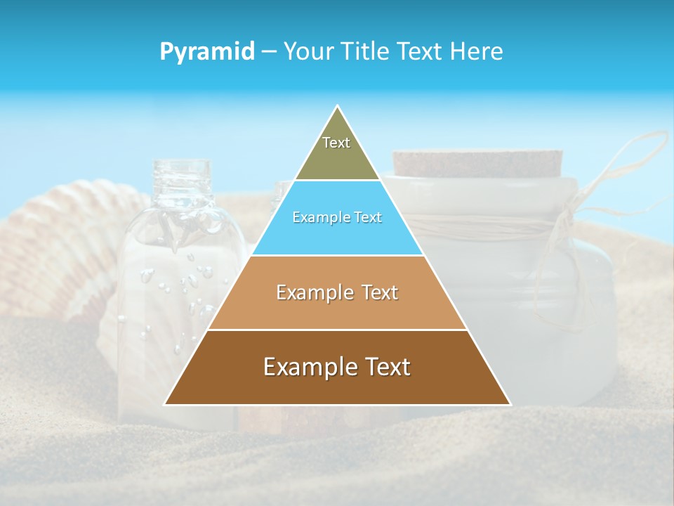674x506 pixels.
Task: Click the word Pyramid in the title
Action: click(x=206, y=52)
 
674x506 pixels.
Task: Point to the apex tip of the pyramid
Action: click(x=338, y=107)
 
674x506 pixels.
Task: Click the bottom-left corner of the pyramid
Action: click(x=166, y=404)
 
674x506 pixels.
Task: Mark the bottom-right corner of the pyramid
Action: click(x=509, y=404)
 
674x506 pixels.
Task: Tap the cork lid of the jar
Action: click(x=477, y=164)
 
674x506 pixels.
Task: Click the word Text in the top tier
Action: click(x=336, y=143)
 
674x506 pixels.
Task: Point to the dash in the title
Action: click(x=269, y=52)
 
